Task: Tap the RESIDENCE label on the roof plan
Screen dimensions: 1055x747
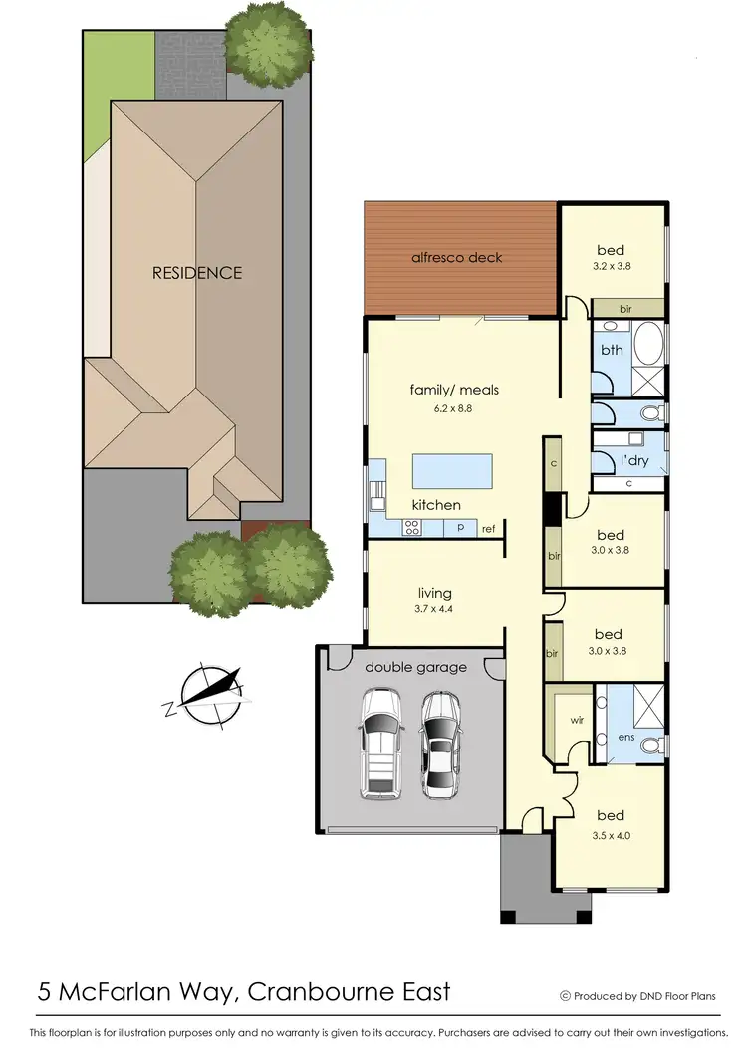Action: (196, 272)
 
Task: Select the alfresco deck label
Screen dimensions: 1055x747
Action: (457, 257)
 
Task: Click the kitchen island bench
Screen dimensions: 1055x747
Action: (452, 471)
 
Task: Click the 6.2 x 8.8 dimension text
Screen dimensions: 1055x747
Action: (453, 408)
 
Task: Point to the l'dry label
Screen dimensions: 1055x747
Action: (634, 461)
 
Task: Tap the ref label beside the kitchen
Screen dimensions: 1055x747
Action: (489, 529)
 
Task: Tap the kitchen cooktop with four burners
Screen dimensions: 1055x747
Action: (412, 528)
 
